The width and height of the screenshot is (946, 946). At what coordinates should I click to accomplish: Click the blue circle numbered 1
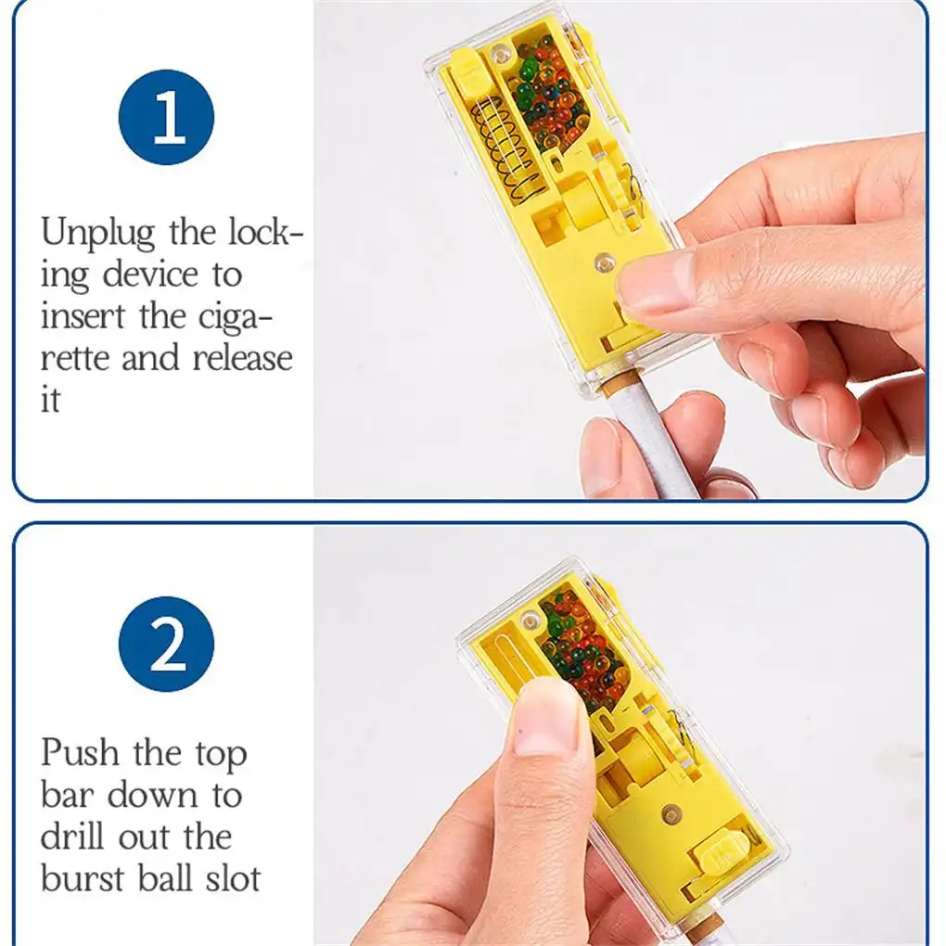pos(167,117)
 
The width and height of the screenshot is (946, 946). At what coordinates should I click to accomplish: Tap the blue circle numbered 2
pos(167,645)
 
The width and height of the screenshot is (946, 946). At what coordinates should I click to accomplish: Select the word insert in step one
pos(83,315)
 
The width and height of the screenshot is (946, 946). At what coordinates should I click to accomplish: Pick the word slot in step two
pos(233,877)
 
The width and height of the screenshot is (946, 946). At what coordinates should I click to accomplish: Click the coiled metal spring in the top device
pos(507,147)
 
